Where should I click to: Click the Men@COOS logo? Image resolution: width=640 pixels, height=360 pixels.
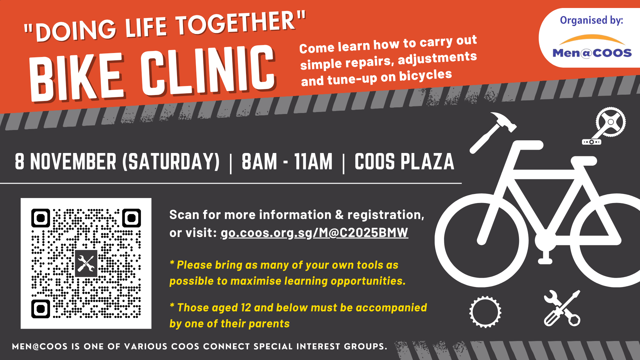(592, 47)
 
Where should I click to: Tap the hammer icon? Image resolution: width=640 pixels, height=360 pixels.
(493, 132)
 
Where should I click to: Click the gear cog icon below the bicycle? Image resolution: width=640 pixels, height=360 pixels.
(485, 312)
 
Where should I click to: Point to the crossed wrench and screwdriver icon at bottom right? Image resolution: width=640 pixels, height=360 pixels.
(562, 308)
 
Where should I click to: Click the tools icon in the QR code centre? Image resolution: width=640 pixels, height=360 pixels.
(86, 263)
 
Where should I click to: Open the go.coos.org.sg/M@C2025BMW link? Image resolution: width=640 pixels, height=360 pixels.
(314, 233)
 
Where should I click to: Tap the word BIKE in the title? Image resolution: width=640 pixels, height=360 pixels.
(77, 78)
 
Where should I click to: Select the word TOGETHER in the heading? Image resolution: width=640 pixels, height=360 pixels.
(235, 23)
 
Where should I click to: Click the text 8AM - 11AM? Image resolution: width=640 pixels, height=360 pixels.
(287, 162)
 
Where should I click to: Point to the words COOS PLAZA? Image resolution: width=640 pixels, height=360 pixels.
(404, 162)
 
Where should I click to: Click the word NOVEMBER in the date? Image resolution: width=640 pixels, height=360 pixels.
(73, 162)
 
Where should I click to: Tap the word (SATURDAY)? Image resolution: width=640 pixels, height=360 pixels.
(171, 162)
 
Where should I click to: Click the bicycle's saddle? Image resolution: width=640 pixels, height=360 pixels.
(584, 161)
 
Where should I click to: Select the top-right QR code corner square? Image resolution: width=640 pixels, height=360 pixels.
(132, 218)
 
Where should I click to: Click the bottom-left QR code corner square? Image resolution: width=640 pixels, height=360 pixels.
(41, 309)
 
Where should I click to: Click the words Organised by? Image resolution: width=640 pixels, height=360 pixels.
(591, 21)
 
